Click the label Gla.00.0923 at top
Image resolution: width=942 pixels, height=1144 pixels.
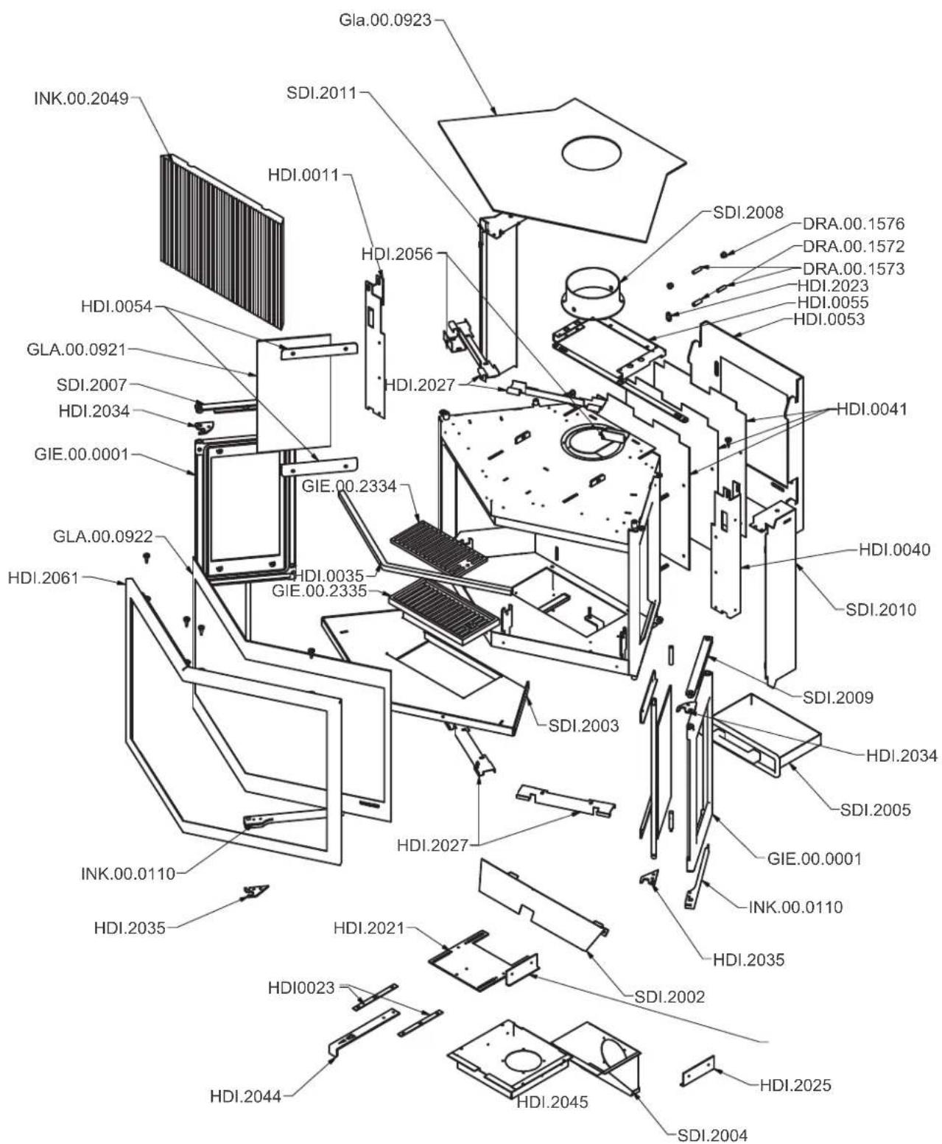(x=384, y=20)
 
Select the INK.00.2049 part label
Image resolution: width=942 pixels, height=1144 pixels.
(x=81, y=98)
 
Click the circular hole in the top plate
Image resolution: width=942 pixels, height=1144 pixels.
(x=591, y=154)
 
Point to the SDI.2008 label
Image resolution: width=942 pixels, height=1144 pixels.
(x=748, y=213)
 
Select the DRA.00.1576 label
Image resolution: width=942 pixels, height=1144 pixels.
(x=853, y=223)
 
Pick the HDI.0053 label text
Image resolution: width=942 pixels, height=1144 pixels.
(x=829, y=320)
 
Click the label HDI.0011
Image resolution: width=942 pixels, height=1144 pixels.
(x=303, y=175)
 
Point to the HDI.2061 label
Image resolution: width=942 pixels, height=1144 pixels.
(x=43, y=578)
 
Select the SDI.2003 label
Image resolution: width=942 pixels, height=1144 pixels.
(x=583, y=726)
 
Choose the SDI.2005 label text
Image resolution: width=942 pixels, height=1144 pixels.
(x=875, y=810)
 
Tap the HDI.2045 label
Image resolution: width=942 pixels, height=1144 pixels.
(x=552, y=1102)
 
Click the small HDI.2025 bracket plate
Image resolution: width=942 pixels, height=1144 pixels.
(x=697, y=1070)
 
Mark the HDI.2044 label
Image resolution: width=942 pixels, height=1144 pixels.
(x=245, y=1097)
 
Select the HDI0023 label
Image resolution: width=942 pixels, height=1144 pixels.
(x=300, y=988)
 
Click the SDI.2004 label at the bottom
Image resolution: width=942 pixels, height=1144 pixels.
(x=711, y=1135)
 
